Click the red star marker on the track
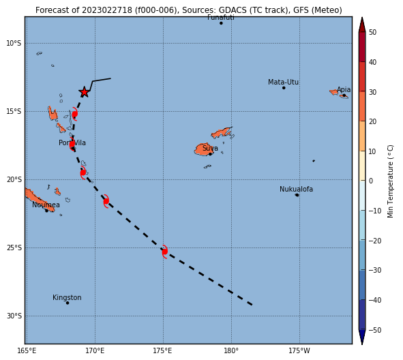point(85,92)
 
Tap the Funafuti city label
point(221,18)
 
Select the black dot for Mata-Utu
point(284,88)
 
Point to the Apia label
point(344,90)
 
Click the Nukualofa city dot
point(297,195)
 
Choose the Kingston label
point(67,297)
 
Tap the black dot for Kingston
point(68,303)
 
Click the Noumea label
point(46,205)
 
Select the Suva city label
point(210,148)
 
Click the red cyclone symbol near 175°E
point(165,252)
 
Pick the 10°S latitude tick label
point(14,43)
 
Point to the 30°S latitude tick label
point(14,316)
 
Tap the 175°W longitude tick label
point(299,350)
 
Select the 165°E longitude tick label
point(27,350)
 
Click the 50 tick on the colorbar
point(372,32)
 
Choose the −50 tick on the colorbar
point(375,330)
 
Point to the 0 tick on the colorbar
point(371,181)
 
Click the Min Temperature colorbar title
point(390,181)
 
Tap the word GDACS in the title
point(230,10)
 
